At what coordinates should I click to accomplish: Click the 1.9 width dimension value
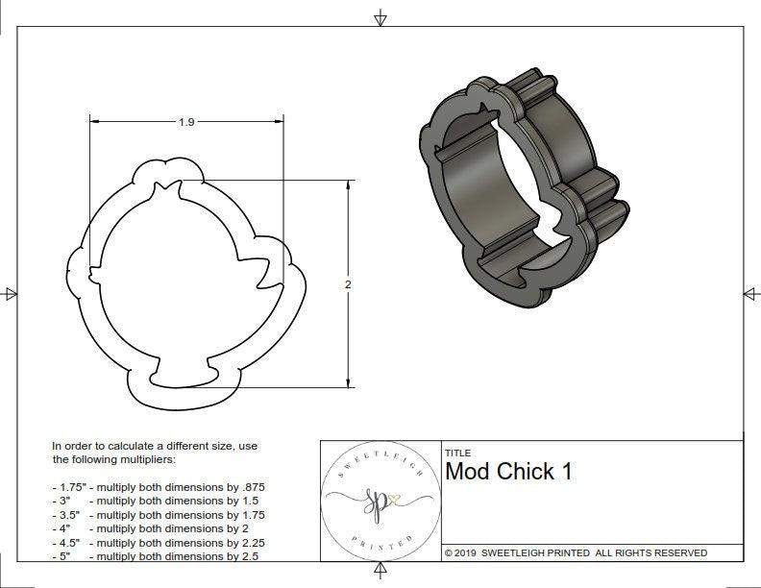tap(187, 122)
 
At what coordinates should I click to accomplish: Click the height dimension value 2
tap(348, 284)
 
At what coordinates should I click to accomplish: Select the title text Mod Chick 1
tap(509, 472)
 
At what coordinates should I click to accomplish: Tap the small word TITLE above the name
tap(457, 453)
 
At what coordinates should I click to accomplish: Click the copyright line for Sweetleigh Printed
tap(576, 553)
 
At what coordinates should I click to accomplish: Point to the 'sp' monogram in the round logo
tap(371, 501)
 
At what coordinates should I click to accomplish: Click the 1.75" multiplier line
tap(159, 487)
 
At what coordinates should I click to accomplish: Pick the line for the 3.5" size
tap(159, 515)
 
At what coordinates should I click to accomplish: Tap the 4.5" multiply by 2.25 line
tap(159, 542)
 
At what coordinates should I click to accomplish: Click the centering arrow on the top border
tap(380, 17)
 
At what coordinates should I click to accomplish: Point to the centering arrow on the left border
tap(11, 294)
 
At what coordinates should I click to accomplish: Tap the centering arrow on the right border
tap(750, 294)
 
